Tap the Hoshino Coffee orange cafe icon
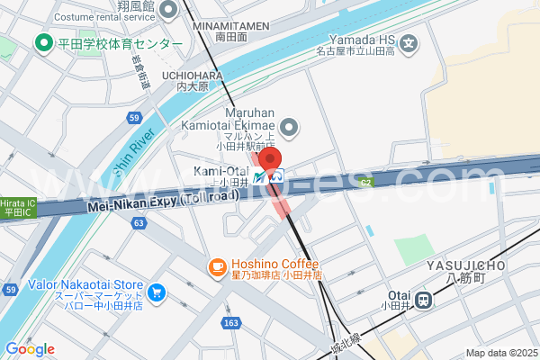[x=217, y=267]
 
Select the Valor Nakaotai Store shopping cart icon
[x=157, y=292]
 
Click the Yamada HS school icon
[x=409, y=42]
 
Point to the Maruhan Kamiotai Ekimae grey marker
[x=289, y=130]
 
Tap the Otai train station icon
[x=422, y=297]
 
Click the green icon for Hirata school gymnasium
[x=42, y=42]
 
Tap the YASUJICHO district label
[x=468, y=265]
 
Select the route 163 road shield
[x=232, y=321]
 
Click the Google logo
[x=30, y=349]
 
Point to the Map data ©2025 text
[x=500, y=353]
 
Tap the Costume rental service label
[x=104, y=17]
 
